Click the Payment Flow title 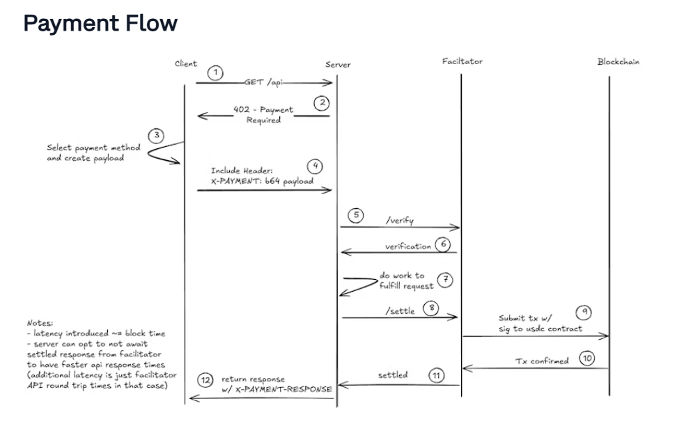coord(100,24)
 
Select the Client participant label coord(185,64)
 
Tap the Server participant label coord(338,65)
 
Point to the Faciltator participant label coord(462,61)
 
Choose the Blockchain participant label coord(618,61)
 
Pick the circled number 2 coord(321,103)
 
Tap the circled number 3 coord(158,134)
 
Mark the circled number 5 coord(355,214)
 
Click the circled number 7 coord(446,281)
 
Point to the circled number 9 coord(584,313)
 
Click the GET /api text coord(263,82)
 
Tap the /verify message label coord(400,221)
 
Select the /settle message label coord(400,311)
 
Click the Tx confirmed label coord(542,361)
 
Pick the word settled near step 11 coord(393,375)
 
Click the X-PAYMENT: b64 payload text coord(262,181)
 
